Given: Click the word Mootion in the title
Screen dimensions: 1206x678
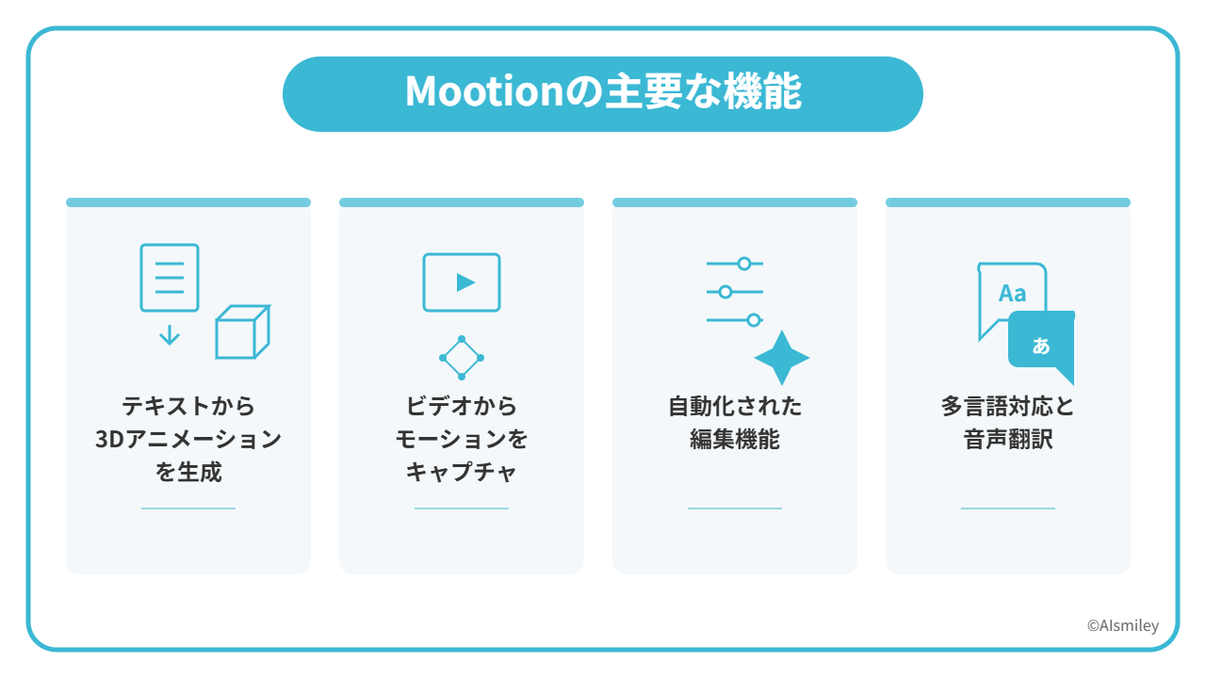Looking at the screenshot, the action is tap(484, 91).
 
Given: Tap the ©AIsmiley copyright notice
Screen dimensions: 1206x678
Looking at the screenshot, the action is tap(1122, 626).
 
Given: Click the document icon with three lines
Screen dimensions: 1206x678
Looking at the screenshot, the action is tap(170, 278).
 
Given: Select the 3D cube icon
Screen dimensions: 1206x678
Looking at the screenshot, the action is tap(243, 331).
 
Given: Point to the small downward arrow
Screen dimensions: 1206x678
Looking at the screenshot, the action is tap(170, 334).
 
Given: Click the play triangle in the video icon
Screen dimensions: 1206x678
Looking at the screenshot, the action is tap(465, 282).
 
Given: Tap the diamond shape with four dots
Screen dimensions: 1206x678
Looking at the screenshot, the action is tap(462, 358).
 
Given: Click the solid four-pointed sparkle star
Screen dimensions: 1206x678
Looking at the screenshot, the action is tap(782, 358).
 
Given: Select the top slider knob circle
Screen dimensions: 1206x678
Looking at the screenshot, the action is tap(744, 264).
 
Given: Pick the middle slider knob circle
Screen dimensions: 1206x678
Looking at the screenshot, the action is tap(725, 292).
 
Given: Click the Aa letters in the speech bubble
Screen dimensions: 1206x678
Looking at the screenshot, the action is tap(1012, 294).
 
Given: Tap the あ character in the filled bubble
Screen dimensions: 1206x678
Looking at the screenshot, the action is tap(1041, 346).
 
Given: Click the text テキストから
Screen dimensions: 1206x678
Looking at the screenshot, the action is tap(188, 406).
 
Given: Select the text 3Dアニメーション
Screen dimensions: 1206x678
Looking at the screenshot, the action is tap(188, 440).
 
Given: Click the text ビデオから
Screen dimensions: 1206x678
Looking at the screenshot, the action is tap(462, 406).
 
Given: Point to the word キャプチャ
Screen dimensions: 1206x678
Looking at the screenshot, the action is tap(462, 473).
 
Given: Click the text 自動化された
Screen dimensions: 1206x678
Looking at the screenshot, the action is tap(735, 406).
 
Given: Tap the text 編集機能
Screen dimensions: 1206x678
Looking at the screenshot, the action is tap(735, 440).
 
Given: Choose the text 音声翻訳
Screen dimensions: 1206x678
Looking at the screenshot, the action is tap(1008, 440).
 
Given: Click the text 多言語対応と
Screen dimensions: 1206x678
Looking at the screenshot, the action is tap(1008, 406).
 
